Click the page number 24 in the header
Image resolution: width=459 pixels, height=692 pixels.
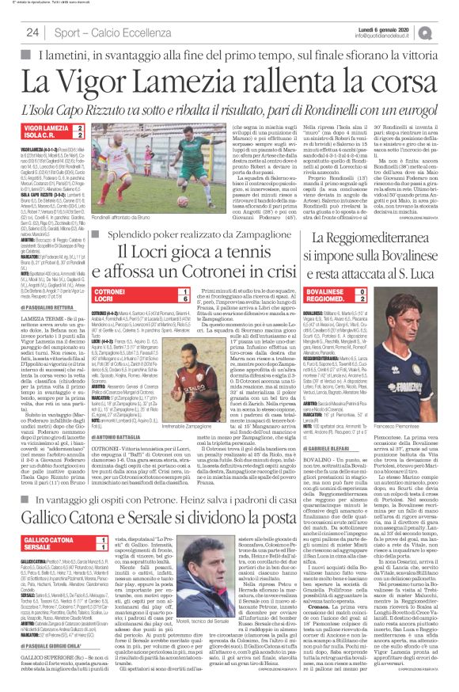point(32,32)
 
